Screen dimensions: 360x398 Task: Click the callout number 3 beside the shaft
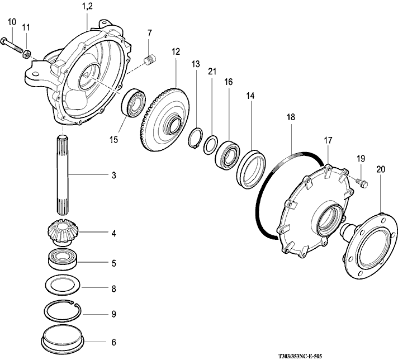pyautogui.click(x=113, y=176)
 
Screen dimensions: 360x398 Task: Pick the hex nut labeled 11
pyautogui.click(x=26, y=53)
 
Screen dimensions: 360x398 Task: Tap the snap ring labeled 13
pyautogui.click(x=196, y=137)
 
